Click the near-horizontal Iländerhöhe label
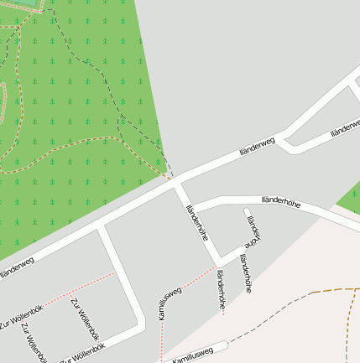(x=280, y=201)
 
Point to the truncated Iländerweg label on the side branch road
(x=345, y=128)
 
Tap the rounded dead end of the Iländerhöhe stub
(x=248, y=210)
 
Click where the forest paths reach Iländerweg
(x=172, y=179)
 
